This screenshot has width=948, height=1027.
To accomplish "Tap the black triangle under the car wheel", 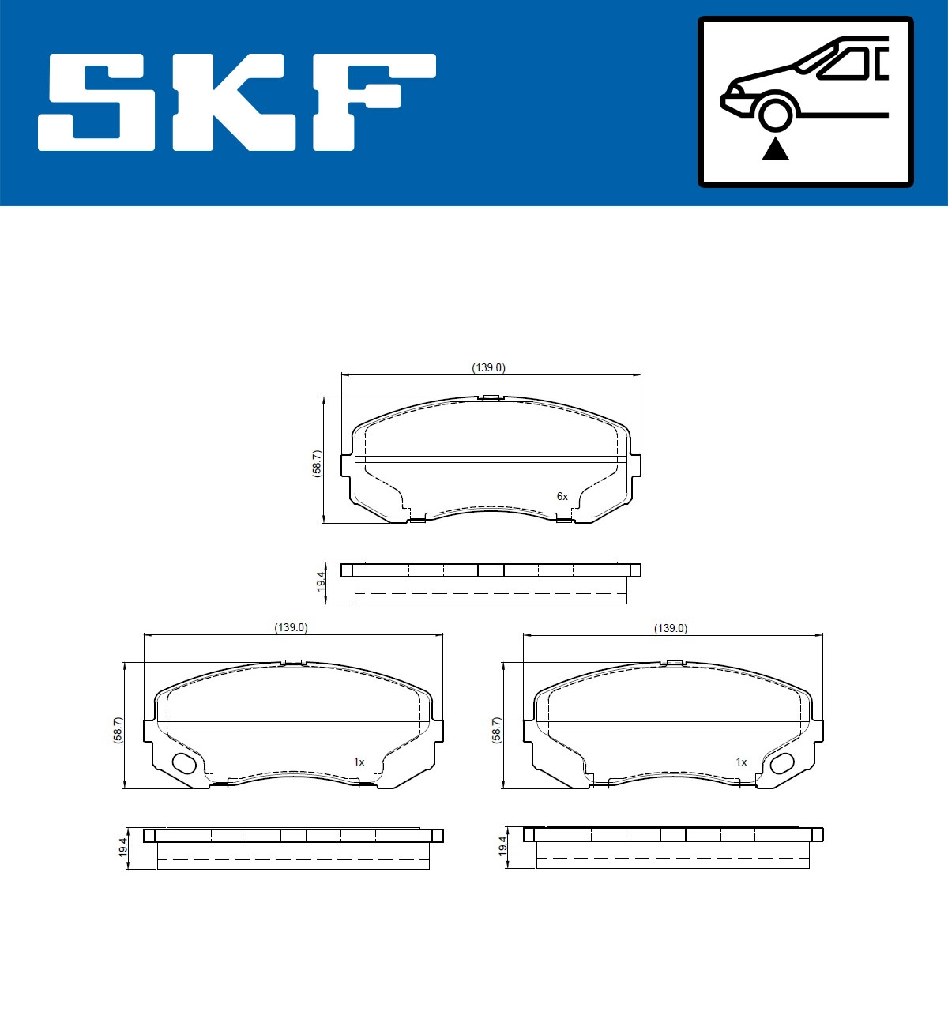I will (x=775, y=148).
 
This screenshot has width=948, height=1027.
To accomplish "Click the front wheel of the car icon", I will (x=775, y=112).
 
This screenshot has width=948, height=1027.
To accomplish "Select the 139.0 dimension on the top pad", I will (x=488, y=367).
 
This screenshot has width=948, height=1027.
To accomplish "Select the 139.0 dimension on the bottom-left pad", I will (x=291, y=627).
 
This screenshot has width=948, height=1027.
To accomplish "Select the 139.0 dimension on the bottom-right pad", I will (x=671, y=628).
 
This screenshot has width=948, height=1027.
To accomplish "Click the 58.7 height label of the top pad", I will (x=317, y=463).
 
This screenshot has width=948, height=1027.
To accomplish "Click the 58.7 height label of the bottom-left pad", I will (x=118, y=730).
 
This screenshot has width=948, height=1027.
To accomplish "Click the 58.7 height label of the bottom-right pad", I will (x=496, y=730).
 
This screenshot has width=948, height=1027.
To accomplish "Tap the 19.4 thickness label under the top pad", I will (x=320, y=581).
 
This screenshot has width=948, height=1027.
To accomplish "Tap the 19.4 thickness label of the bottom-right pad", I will (x=502, y=847).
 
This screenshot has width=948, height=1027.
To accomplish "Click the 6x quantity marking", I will (x=562, y=496).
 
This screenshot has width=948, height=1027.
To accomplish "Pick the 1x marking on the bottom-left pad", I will (x=359, y=762).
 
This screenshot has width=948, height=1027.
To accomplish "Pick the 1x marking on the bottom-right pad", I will (x=741, y=762).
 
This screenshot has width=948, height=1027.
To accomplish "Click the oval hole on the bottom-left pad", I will (x=185, y=764).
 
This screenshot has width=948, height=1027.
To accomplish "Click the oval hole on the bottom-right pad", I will (x=782, y=763).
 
